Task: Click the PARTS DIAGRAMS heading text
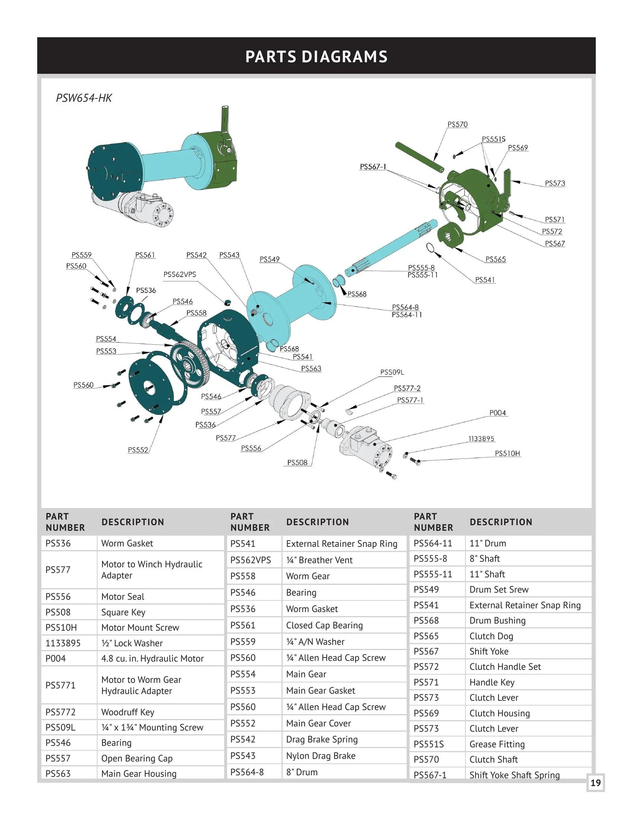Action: (316, 57)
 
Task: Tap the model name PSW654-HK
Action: (84, 98)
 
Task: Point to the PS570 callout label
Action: (457, 125)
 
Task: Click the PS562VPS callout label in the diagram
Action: (180, 274)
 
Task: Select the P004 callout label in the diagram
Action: (497, 413)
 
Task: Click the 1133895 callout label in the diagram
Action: (481, 439)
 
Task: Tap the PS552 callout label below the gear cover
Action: (138, 450)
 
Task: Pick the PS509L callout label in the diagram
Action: (392, 372)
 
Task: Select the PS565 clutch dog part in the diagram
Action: (451, 235)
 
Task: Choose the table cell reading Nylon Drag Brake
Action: (320, 756)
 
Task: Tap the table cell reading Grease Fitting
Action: (497, 744)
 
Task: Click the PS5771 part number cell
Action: (60, 685)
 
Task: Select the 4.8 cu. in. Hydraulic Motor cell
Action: (152, 658)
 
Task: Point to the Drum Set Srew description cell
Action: (499, 590)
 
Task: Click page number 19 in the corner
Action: (595, 783)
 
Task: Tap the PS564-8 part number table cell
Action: (247, 772)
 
